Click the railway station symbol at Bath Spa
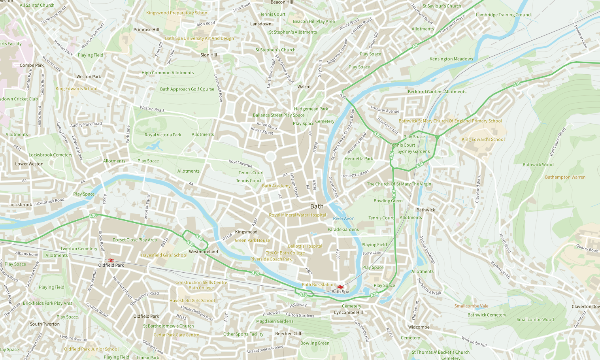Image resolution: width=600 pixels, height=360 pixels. pyautogui.click(x=340, y=286)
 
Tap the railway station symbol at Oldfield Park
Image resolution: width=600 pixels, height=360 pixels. pyautogui.click(x=111, y=260)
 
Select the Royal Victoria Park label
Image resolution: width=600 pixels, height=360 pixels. pyautogui.click(x=163, y=135)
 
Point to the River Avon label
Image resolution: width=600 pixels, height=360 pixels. pyautogui.click(x=343, y=218)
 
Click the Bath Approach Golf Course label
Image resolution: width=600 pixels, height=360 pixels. pyautogui.click(x=187, y=89)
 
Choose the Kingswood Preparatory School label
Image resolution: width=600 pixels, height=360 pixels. pyautogui.click(x=177, y=13)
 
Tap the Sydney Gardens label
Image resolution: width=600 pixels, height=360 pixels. pyautogui.click(x=413, y=151)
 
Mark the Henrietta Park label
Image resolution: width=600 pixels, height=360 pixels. pyautogui.click(x=358, y=158)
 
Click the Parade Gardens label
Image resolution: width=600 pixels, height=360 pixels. pyautogui.click(x=343, y=229)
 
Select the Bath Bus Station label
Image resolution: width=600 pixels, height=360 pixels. pyautogui.click(x=318, y=285)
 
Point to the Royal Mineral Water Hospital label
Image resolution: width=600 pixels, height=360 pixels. pyautogui.click(x=297, y=215)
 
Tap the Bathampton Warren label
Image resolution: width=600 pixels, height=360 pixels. pyautogui.click(x=565, y=177)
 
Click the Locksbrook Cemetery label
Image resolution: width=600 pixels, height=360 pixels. pyautogui.click(x=50, y=155)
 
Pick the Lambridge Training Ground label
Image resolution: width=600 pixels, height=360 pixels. pyautogui.click(x=503, y=15)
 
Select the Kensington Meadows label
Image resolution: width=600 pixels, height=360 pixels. pyautogui.click(x=451, y=59)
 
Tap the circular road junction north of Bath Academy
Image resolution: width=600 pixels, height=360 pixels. pyautogui.click(x=270, y=157)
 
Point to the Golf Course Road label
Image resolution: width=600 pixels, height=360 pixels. pyautogui.click(x=557, y=141)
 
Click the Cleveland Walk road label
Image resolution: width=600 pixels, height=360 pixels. pyautogui.click(x=478, y=189)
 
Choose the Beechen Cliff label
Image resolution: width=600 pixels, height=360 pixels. pyautogui.click(x=288, y=334)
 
